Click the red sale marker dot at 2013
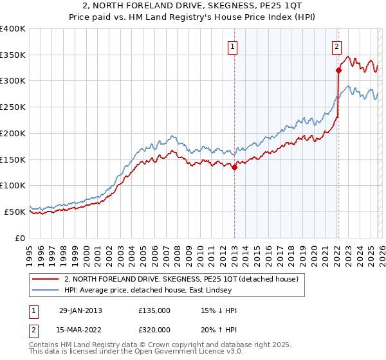[x=234, y=168]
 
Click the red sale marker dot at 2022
[x=338, y=70]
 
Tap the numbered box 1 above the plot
[x=232, y=46]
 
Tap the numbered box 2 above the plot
[x=336, y=46]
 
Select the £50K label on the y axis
[x=15, y=212]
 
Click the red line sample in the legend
[x=46, y=280]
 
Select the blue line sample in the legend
[x=46, y=291]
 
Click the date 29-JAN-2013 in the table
[x=80, y=310]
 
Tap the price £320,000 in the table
[x=154, y=330]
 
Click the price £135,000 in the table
[x=154, y=310]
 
